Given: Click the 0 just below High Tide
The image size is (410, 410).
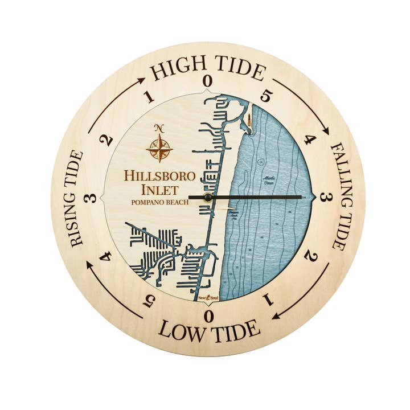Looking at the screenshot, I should [208, 81].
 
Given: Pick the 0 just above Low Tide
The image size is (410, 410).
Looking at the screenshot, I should [209, 316].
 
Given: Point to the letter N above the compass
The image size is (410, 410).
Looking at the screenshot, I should [159, 128].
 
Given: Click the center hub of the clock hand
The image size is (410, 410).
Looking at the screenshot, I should [208, 197].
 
